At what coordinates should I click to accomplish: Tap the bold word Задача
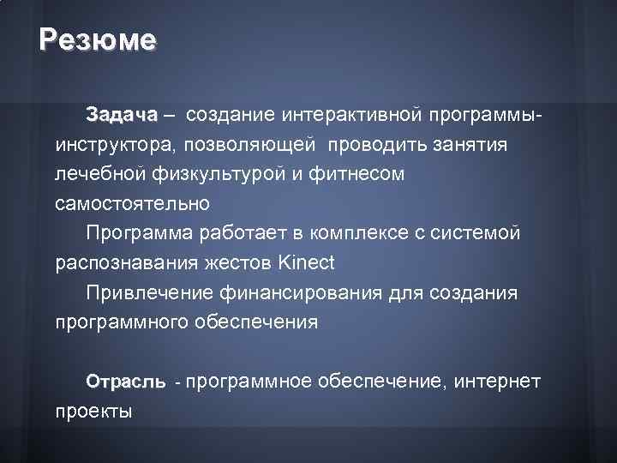tap(122, 115)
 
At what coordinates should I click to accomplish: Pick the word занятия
tap(470, 145)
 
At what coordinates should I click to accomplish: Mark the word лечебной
tap(92, 175)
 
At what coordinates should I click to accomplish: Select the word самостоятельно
tap(132, 205)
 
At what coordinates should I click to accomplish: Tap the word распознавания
tap(121, 263)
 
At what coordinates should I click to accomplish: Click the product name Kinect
tap(306, 262)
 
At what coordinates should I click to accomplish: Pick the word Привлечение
tap(146, 293)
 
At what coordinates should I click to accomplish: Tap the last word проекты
tap(93, 412)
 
